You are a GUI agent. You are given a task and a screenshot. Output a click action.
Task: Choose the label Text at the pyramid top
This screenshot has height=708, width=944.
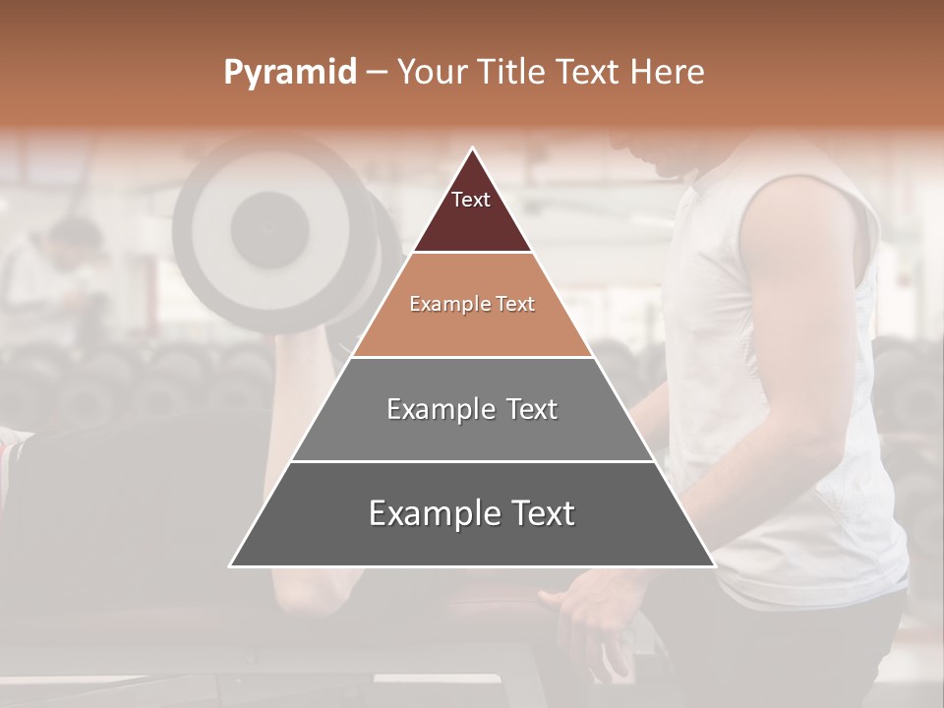pyautogui.click(x=471, y=200)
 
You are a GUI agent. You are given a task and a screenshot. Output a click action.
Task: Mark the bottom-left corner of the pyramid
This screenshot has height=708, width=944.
pyautogui.click(x=231, y=565)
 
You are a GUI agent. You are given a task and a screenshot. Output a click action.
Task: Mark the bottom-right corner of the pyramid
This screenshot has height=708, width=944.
pyautogui.click(x=714, y=565)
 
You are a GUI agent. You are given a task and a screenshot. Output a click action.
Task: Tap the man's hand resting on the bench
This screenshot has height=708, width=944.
pyautogui.click(x=590, y=605)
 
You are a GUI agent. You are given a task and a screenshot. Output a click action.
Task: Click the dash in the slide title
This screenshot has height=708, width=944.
pyautogui.click(x=377, y=73)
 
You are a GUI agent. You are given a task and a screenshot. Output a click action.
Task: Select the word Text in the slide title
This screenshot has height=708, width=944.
pyautogui.click(x=589, y=73)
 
